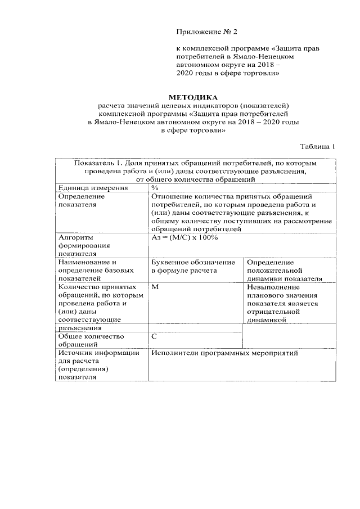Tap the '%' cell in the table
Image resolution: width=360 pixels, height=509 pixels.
point(155,188)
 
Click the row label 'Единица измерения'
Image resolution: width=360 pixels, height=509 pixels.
point(93,188)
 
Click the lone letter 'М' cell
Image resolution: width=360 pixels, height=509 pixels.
point(155,286)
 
